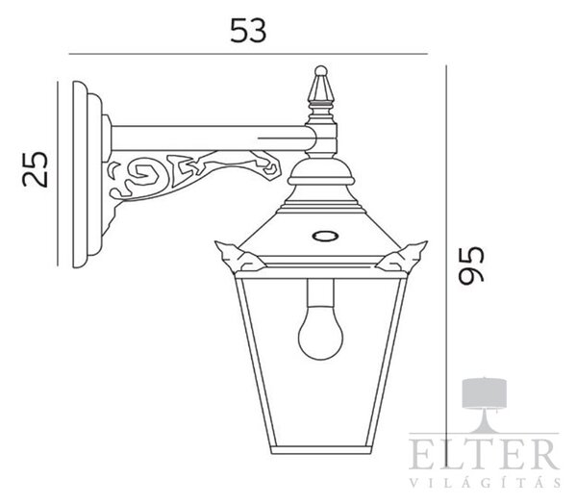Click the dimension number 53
[x=248, y=31]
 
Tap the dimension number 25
[x=36, y=169]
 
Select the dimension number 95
[x=471, y=265]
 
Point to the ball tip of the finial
[x=321, y=70]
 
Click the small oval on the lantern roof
[x=325, y=236]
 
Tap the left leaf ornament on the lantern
[x=238, y=257]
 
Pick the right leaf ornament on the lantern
[x=403, y=257]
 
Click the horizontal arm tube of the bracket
[x=210, y=139]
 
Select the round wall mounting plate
[x=87, y=174]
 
